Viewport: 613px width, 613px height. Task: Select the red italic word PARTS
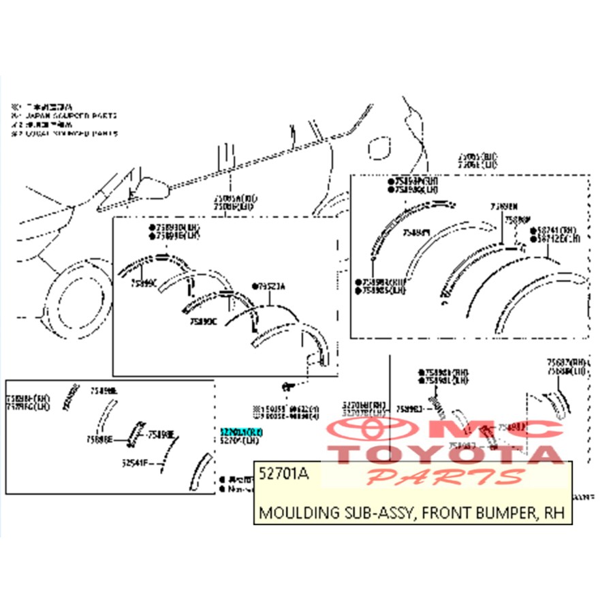pyautogui.click(x=446, y=476)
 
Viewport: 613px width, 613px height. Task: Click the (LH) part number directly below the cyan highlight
pyautogui.click(x=240, y=441)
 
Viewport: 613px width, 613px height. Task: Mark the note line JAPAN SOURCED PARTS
pyautogui.click(x=68, y=115)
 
